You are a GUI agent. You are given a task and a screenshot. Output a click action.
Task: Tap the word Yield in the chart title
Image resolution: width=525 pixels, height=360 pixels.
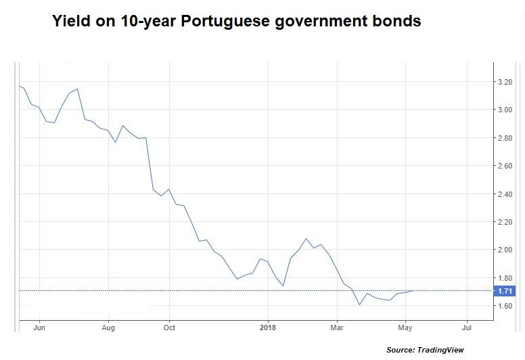[x=72, y=22]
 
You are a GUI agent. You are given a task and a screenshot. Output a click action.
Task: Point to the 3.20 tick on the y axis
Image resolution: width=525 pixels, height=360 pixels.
[x=505, y=82]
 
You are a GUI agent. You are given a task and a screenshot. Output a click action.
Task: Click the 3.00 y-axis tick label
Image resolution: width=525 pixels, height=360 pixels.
[x=505, y=110]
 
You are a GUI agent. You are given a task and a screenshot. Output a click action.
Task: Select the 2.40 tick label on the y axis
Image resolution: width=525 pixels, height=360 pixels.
[x=505, y=194]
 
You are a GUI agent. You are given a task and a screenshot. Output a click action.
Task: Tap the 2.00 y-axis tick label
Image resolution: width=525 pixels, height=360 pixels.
[x=505, y=250]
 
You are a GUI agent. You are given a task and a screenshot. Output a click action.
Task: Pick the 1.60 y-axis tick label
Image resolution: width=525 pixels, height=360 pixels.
[x=505, y=306]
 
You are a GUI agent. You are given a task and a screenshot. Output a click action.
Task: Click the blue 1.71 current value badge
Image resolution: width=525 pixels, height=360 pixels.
[x=505, y=291]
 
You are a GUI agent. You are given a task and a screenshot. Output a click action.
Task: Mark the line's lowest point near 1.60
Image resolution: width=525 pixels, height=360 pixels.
[x=359, y=305]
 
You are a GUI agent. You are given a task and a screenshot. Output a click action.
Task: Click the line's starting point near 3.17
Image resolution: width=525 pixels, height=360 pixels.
[x=20, y=86]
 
